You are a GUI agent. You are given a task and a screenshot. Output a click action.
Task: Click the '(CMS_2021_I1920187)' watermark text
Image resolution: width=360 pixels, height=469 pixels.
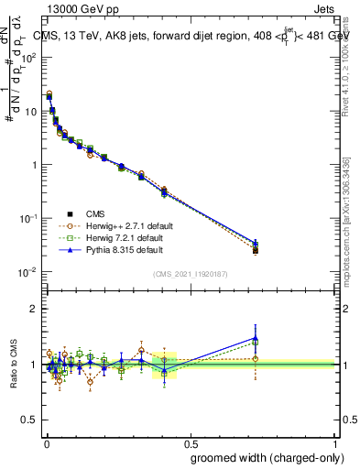[191, 273]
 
